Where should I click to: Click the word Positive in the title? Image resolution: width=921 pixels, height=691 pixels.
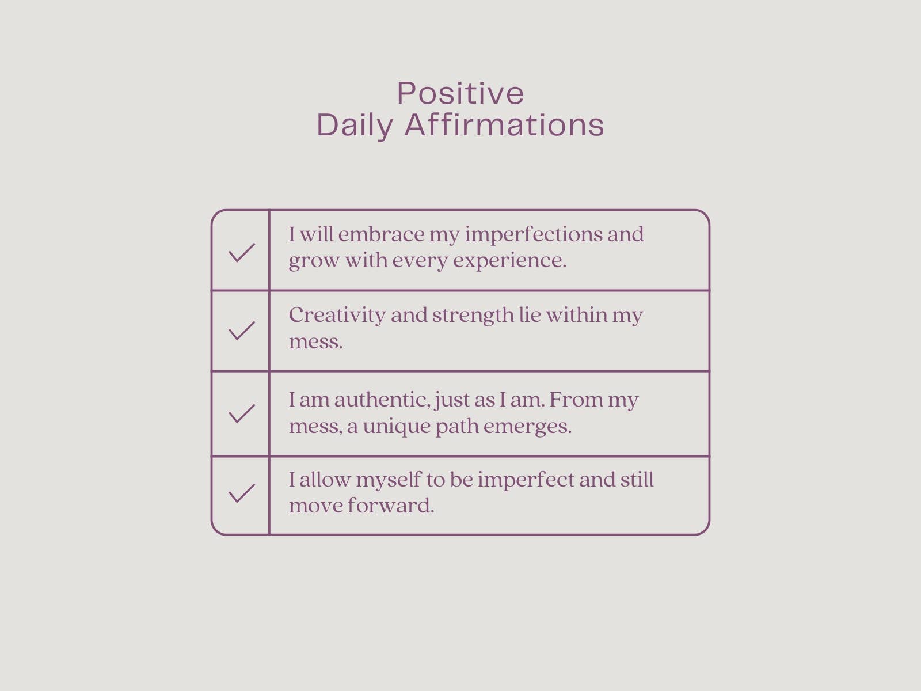[461, 93]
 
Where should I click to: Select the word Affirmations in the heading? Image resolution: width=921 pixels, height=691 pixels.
[504, 124]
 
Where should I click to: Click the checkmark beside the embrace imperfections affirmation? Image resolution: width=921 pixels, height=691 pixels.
[242, 253]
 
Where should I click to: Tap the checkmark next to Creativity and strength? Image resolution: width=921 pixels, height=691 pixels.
[242, 331]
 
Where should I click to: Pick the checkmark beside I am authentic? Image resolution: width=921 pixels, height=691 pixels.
[242, 413]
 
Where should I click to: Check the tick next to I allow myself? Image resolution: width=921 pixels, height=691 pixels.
[242, 493]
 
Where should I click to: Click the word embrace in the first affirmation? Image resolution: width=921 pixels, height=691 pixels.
[381, 234]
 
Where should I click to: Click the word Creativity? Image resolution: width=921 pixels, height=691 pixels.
[337, 316]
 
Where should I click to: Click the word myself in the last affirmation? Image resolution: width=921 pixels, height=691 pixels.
[389, 480]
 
